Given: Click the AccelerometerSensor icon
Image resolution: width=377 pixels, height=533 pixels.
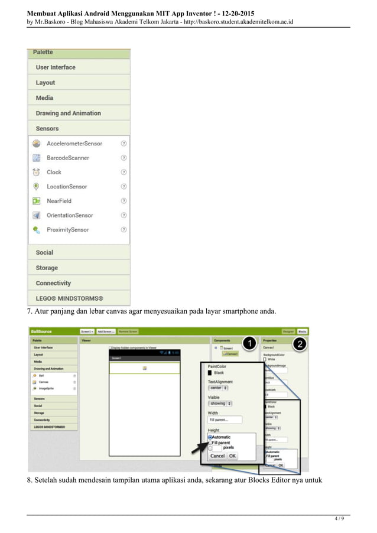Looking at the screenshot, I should [36, 144].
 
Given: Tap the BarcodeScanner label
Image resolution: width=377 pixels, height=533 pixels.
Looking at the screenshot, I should [68, 158].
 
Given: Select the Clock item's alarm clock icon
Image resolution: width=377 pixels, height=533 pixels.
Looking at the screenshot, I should [36, 172].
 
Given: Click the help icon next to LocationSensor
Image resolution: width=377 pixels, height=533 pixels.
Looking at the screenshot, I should [123, 187].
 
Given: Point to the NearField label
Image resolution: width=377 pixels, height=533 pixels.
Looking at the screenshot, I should [59, 201].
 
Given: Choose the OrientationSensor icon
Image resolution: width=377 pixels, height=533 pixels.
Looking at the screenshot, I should [36, 215].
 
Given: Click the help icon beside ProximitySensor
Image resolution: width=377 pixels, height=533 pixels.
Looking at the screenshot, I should [123, 229].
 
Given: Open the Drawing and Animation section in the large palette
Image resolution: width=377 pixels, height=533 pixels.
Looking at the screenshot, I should [68, 113].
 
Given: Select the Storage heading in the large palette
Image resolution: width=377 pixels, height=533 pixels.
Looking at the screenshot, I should [47, 268].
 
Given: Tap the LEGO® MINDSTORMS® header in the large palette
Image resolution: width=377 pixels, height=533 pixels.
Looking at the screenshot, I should [69, 298].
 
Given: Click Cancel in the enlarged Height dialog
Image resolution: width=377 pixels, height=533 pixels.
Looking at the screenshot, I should [217, 456].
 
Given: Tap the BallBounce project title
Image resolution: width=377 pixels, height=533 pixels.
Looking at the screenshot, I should [42, 331].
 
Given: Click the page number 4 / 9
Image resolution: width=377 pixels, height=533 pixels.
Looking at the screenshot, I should [338, 519].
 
